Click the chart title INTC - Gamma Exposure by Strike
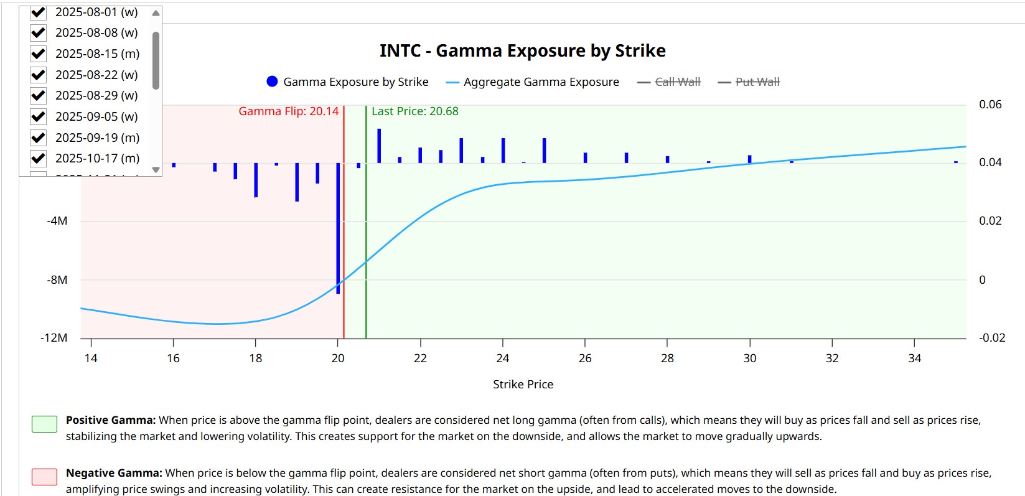pyautogui.click(x=522, y=50)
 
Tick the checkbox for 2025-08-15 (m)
pyautogui.click(x=39, y=54)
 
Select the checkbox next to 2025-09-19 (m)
pyautogui.click(x=39, y=138)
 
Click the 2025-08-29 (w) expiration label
pyautogui.click(x=96, y=95)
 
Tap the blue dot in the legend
pyautogui.click(x=272, y=82)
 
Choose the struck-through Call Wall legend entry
pyautogui.click(x=677, y=82)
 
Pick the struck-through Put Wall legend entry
pyautogui.click(x=757, y=82)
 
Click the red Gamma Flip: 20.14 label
pyautogui.click(x=289, y=111)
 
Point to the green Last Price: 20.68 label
pyautogui.click(x=415, y=111)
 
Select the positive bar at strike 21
pyautogui.click(x=379, y=146)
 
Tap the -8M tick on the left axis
pyautogui.click(x=57, y=280)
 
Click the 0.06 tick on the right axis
pyautogui.click(x=990, y=105)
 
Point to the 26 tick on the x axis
pyautogui.click(x=585, y=358)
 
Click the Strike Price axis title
pyautogui.click(x=523, y=385)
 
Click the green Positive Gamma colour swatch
pyautogui.click(x=44, y=424)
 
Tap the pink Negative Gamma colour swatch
pyautogui.click(x=44, y=477)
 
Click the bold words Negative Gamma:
pyautogui.click(x=114, y=473)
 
